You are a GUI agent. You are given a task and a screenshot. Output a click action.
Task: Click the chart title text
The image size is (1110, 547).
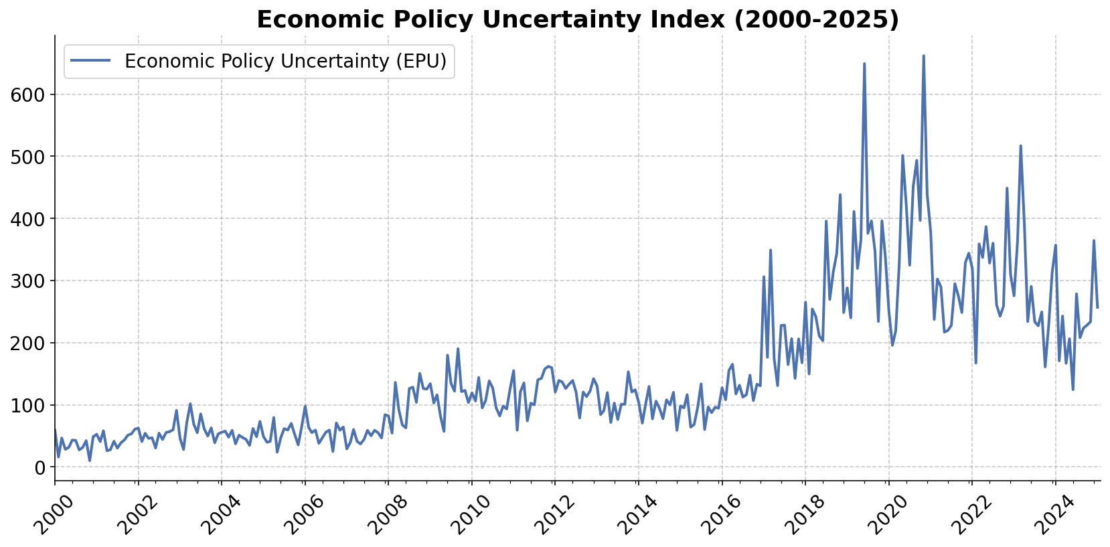point(577,19)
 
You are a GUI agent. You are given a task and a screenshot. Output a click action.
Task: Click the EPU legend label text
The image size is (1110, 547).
point(285,62)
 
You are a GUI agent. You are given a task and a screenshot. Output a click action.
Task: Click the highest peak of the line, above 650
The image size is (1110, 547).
point(923,56)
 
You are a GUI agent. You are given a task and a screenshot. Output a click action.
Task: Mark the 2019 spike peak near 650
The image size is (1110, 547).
point(864,64)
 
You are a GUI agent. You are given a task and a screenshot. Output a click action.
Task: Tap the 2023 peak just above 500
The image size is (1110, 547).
point(1020,146)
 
